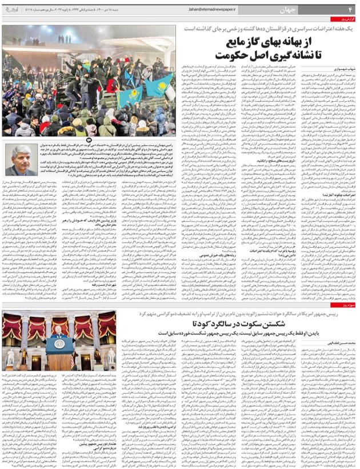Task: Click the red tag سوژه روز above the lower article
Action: click(x=346, y=307)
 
